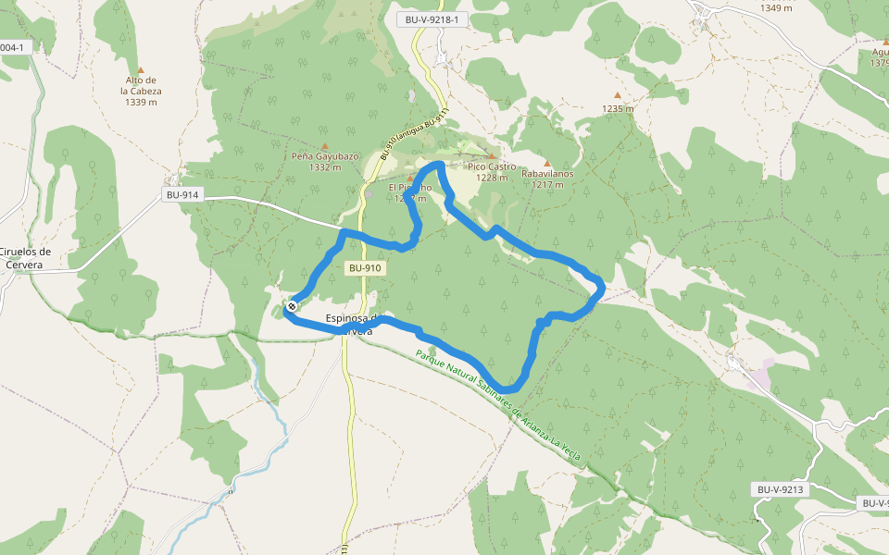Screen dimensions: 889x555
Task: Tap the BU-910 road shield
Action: click(365, 268)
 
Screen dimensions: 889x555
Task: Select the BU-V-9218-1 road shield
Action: click(432, 19)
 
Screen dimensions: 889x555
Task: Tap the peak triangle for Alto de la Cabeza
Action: click(141, 70)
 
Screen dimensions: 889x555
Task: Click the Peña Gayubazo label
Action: click(325, 156)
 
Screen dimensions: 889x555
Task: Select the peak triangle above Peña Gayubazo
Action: click(324, 146)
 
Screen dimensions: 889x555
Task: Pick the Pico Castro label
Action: click(492, 166)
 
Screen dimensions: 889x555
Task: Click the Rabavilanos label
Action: click(547, 173)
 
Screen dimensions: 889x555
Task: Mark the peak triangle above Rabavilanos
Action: click(546, 163)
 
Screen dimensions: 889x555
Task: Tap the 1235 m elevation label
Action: click(618, 108)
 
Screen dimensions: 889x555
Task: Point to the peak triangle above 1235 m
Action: click(618, 95)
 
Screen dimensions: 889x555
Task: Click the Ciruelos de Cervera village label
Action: click(26, 258)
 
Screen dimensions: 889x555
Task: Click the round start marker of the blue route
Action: click(292, 306)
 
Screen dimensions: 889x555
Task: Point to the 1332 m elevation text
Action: click(319, 167)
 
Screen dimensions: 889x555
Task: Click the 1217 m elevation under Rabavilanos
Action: click(547, 184)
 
